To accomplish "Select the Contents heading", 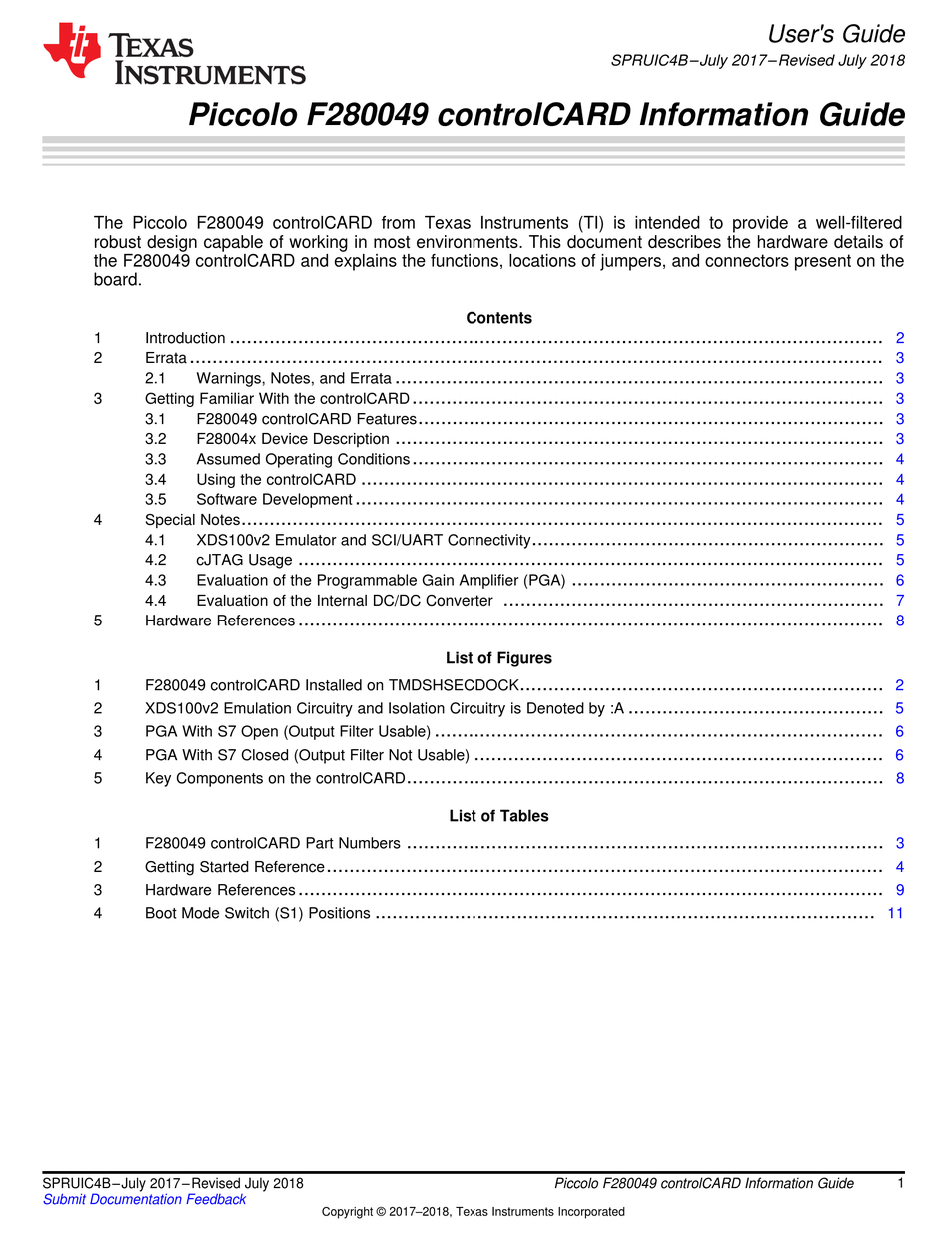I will [498, 318].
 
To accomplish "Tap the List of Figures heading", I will [498, 658].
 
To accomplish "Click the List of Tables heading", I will [498, 816].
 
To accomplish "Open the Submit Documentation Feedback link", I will [144, 1200].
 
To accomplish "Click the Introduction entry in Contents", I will [185, 338].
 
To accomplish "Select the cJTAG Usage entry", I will [244, 560].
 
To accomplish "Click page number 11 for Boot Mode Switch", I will [895, 913].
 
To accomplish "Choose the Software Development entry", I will [274, 499].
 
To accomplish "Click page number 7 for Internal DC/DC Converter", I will [900, 601].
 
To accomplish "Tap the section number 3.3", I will [155, 459].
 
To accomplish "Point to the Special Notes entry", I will [192, 520].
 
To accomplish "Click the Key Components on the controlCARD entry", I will [275, 778].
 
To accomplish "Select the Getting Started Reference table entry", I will [235, 867].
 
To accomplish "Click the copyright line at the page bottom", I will [473, 1212].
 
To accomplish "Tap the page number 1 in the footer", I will [900, 1184].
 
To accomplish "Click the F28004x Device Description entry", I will [293, 439].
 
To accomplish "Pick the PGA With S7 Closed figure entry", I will [307, 755].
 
